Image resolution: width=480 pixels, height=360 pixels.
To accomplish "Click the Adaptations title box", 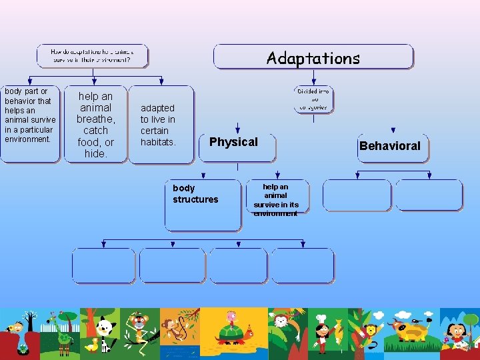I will (x=313, y=57).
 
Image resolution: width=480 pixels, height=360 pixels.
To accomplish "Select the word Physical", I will (x=233, y=142).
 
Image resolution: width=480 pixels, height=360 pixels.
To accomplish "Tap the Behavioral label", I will (x=390, y=146).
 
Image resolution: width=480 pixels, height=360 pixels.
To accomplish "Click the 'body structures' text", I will (x=195, y=194).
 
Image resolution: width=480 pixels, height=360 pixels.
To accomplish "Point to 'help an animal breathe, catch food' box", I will (x=95, y=125).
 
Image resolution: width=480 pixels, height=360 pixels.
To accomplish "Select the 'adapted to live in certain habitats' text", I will (x=158, y=125).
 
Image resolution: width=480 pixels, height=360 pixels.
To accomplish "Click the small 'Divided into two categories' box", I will (x=313, y=99).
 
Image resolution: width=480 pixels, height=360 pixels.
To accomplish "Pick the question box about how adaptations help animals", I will (x=92, y=56).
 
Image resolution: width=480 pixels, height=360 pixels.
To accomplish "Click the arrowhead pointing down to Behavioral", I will (x=393, y=131).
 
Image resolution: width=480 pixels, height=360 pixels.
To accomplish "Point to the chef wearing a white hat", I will (x=322, y=331).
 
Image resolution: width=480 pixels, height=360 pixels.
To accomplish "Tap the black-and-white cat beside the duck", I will (x=105, y=333).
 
